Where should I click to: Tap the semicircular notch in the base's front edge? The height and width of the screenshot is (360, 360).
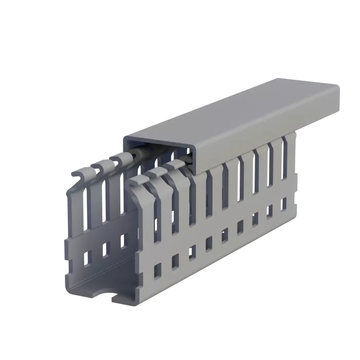tap(102, 295)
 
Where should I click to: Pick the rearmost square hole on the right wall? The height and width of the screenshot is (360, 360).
tap(284, 204)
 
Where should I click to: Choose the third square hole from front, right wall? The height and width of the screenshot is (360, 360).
tap(191, 251)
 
